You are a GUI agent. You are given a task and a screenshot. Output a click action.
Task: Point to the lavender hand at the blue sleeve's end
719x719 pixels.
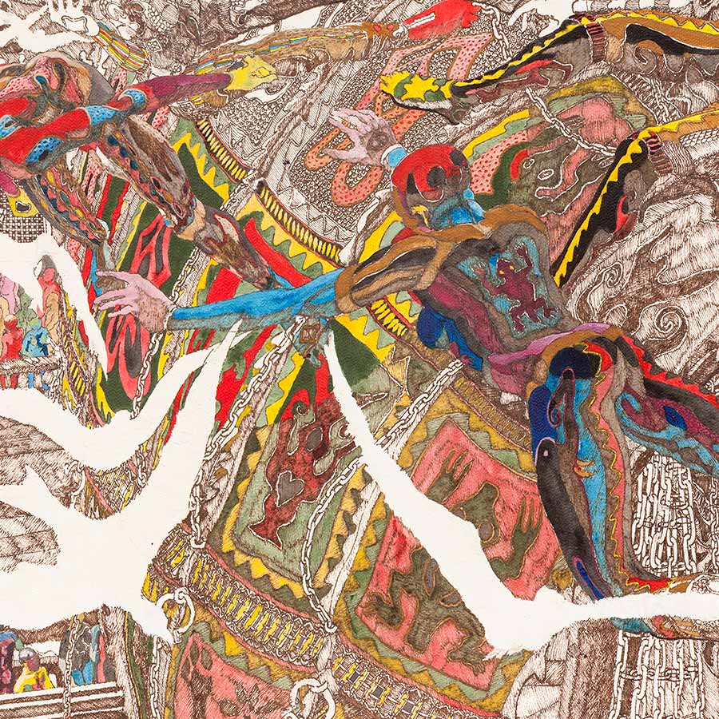click(133, 296)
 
